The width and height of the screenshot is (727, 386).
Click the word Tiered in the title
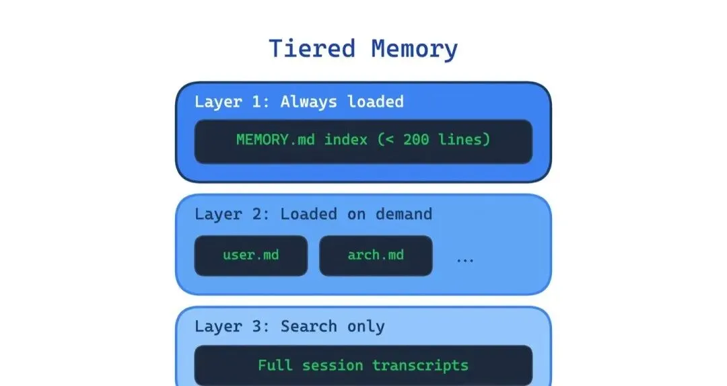(x=312, y=49)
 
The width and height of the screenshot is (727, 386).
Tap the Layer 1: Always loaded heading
(x=299, y=102)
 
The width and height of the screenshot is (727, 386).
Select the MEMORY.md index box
(x=363, y=141)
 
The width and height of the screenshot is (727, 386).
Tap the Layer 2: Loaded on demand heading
(x=313, y=215)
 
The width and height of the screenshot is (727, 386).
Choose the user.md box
(x=250, y=256)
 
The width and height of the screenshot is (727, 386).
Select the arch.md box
(x=376, y=256)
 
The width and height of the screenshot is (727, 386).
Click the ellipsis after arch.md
(x=465, y=259)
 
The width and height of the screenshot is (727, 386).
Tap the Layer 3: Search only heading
(x=289, y=327)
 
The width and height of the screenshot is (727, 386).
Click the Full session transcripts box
(x=363, y=365)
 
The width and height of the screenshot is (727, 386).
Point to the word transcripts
(x=421, y=366)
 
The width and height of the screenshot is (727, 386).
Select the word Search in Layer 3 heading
(x=308, y=327)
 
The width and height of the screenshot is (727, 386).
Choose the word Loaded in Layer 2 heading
(x=309, y=215)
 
